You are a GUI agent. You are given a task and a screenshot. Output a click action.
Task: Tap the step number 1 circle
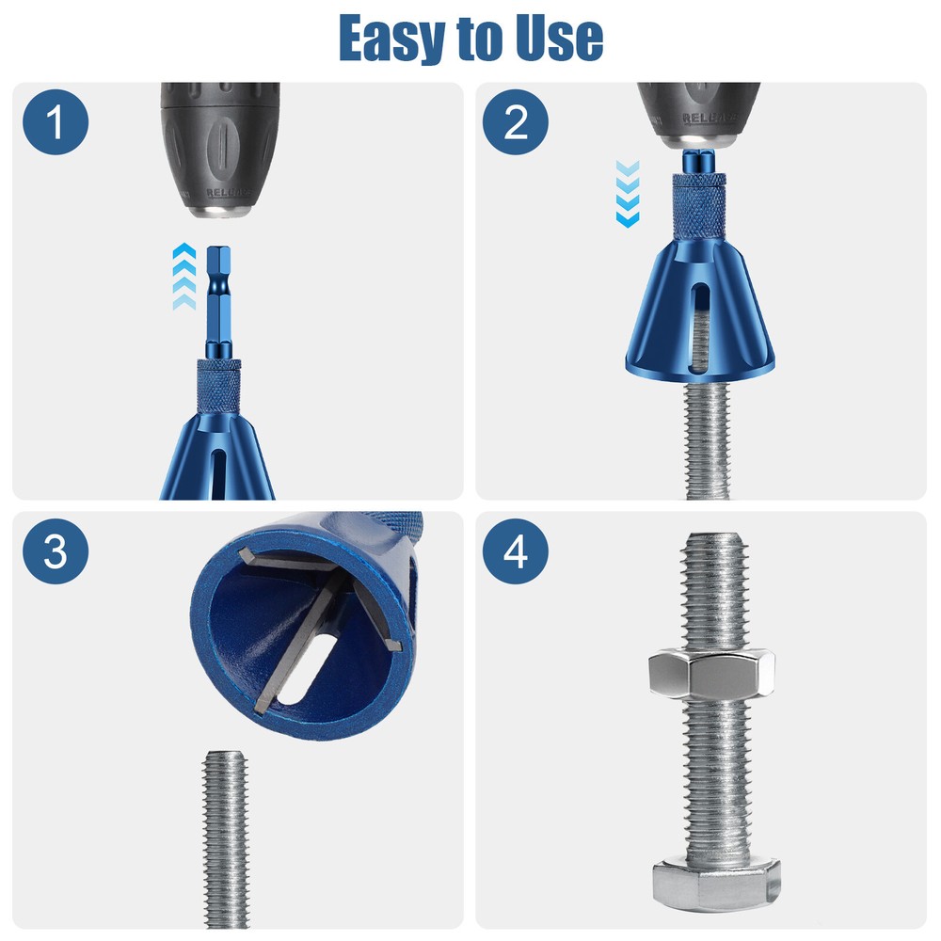point(56,122)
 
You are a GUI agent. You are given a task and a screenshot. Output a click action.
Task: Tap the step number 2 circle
point(516,122)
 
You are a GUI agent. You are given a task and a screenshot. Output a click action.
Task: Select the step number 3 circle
point(56,552)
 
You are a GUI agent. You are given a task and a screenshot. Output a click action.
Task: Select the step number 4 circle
point(516,552)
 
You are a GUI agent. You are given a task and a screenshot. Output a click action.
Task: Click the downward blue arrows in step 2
point(627,193)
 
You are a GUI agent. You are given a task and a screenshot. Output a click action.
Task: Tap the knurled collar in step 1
point(218,386)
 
